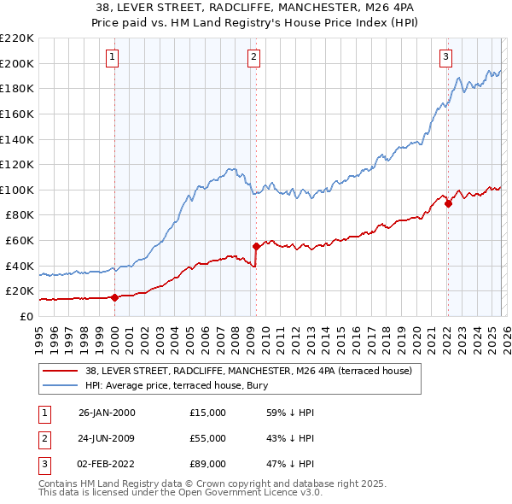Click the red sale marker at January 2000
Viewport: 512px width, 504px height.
[114, 297]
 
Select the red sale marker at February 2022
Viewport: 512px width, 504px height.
[447, 203]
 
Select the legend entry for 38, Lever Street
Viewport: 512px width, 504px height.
[248, 371]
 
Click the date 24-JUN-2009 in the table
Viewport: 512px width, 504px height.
[107, 438]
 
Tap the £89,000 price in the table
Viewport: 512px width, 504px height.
[208, 464]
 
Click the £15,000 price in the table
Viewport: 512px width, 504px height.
[208, 413]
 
